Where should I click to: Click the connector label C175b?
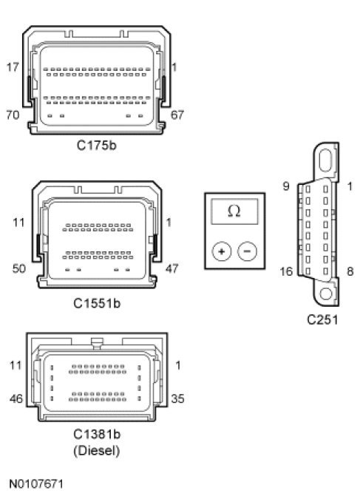[x=97, y=145]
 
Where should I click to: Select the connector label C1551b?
[x=97, y=303]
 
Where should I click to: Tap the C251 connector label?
[x=322, y=319]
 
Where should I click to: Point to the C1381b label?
[x=97, y=434]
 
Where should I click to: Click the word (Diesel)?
[x=97, y=451]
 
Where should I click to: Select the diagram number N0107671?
[x=36, y=484]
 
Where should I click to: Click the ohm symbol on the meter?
[x=234, y=211]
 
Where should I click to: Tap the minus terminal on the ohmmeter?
[x=247, y=251]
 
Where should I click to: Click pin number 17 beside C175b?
[x=13, y=67]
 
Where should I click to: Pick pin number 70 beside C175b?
[x=13, y=115]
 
